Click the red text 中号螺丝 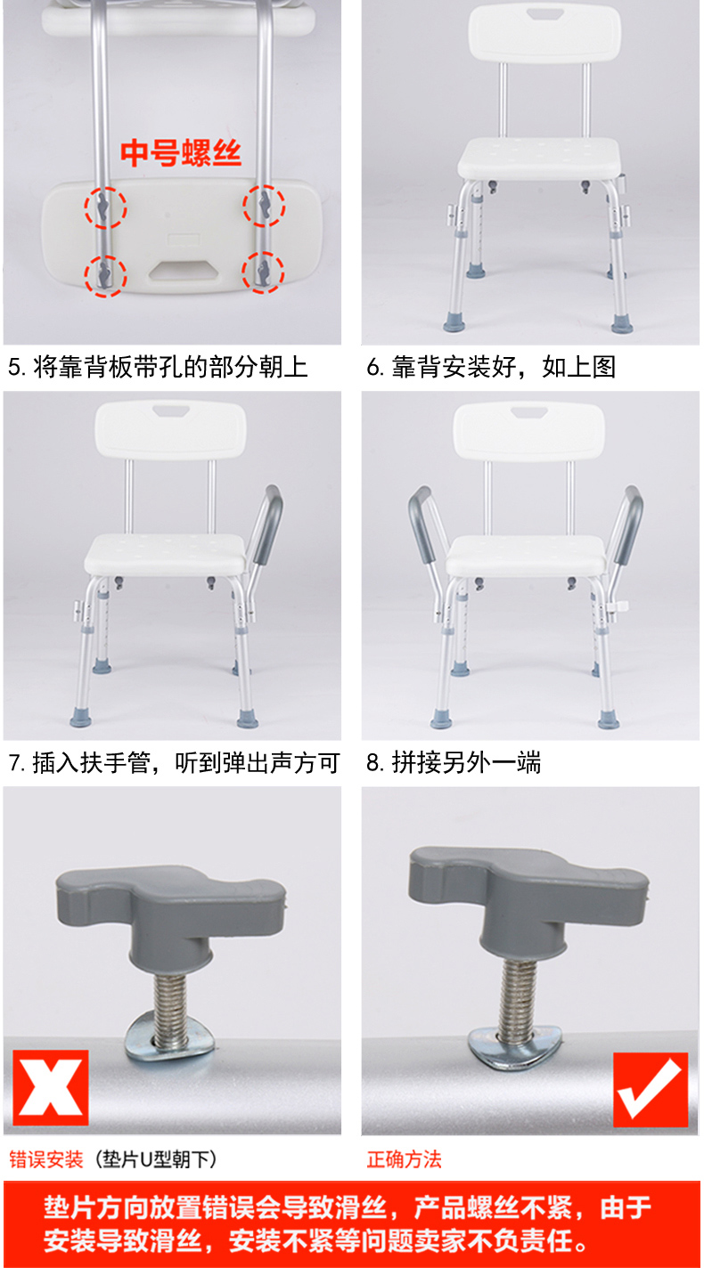click(181, 153)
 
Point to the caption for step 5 click(158, 367)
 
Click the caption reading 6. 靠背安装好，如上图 click(490, 367)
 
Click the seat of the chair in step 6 click(539, 158)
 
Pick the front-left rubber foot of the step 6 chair click(454, 321)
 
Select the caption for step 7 click(174, 762)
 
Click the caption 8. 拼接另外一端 click(453, 762)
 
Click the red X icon click(51, 1087)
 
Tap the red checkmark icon click(651, 1090)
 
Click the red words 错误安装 click(46, 1159)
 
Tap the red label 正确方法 click(404, 1159)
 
